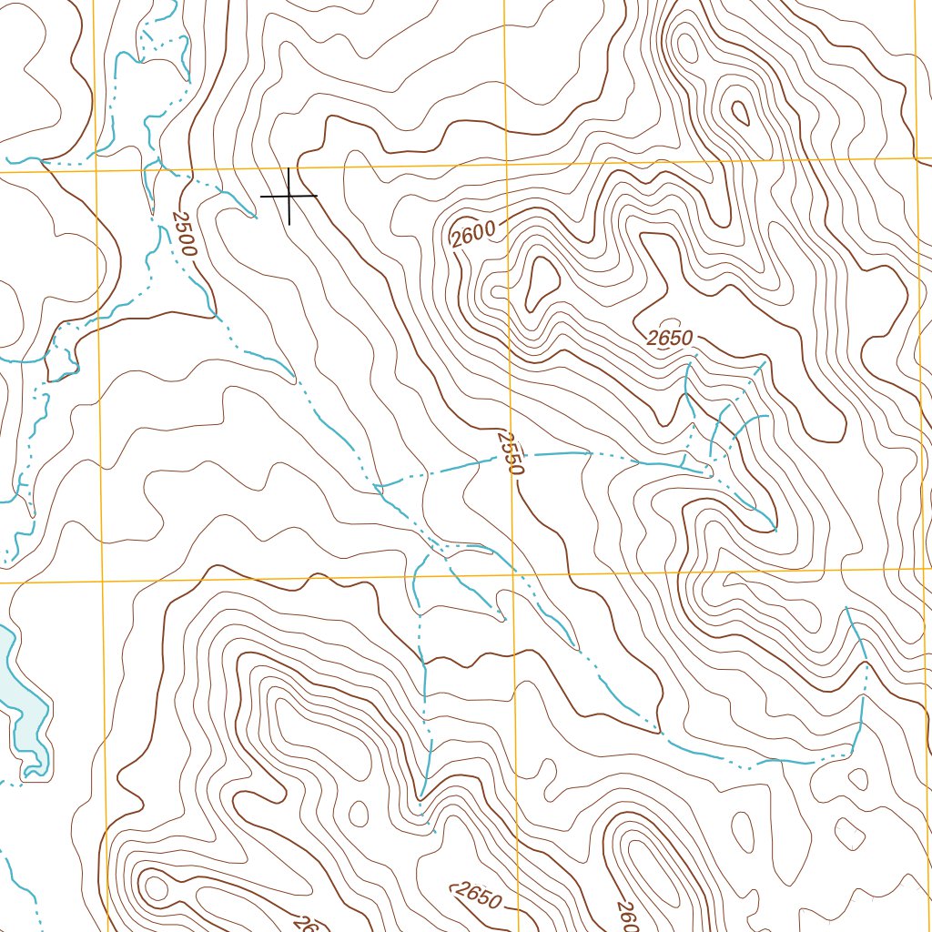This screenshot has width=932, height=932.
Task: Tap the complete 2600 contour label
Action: click(x=473, y=233)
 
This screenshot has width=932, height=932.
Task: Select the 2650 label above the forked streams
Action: click(x=671, y=339)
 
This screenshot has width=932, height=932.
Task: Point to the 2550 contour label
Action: click(x=512, y=453)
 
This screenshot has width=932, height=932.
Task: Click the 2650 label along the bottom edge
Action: click(x=477, y=897)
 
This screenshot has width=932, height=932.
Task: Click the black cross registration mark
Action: click(x=289, y=196)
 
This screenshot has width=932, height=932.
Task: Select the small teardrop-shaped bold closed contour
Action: click(x=740, y=113)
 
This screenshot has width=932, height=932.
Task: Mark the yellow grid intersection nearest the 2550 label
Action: click(x=512, y=573)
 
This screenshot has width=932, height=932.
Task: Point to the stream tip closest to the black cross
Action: click(x=255, y=217)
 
